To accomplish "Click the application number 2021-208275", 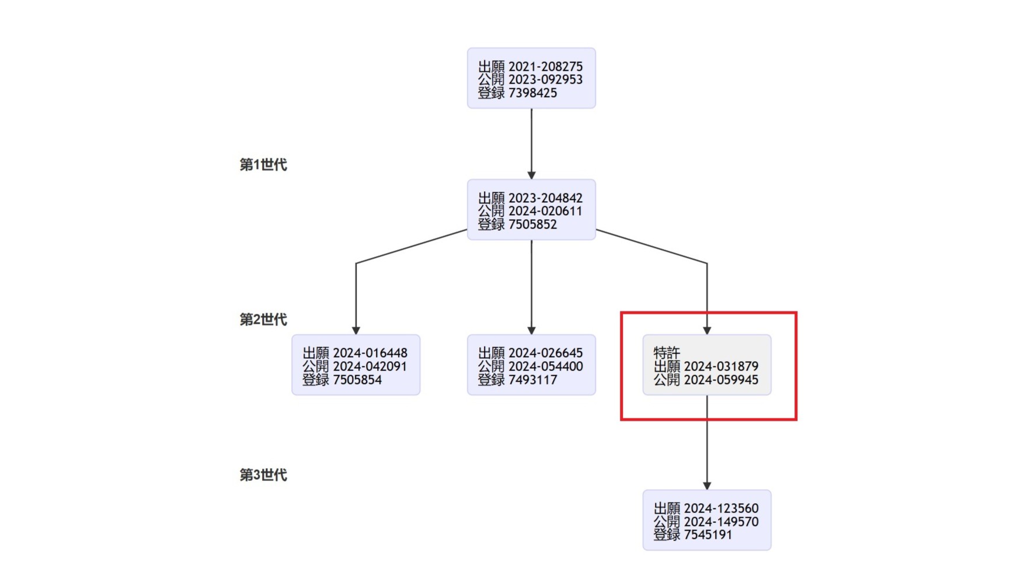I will (545, 67).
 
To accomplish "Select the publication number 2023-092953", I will (545, 79).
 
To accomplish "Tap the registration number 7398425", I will (532, 93).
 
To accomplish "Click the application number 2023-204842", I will (545, 198).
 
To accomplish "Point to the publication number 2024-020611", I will (545, 211).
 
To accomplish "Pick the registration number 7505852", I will (532, 224).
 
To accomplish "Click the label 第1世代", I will (263, 165).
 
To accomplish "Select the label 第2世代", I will (263, 320).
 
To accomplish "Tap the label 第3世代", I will (263, 475).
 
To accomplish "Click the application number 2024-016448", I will (370, 353).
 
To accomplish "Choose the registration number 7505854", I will (357, 380).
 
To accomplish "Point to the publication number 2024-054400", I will (545, 366).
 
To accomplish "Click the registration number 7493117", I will (532, 380).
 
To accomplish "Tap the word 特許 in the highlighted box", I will (667, 353).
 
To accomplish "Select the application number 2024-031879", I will (721, 366).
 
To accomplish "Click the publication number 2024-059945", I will (721, 380).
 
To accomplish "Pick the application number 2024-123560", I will (721, 508).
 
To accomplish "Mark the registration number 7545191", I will (708, 535).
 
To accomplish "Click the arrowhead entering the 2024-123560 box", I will (707, 486).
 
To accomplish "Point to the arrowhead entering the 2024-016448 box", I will (356, 331).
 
